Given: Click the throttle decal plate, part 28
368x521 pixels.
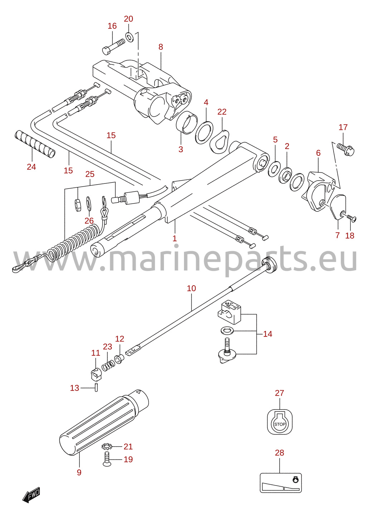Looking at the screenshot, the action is point(281,483).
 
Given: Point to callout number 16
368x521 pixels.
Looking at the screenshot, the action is point(112,26).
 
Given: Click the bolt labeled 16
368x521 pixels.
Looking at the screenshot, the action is point(113,47).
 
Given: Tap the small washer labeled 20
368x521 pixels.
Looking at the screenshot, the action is point(129,37).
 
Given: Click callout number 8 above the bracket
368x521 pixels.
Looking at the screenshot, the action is point(161,47).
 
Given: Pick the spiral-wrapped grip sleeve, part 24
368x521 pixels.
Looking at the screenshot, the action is point(35,144).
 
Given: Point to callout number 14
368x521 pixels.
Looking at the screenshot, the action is point(267,334).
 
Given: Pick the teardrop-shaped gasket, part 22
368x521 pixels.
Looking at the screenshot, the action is point(219,140).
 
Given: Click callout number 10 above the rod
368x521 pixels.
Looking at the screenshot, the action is point(192,288).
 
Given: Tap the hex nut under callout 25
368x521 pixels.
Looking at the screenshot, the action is point(78,205).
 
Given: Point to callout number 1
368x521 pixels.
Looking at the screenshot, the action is point(175,238).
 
